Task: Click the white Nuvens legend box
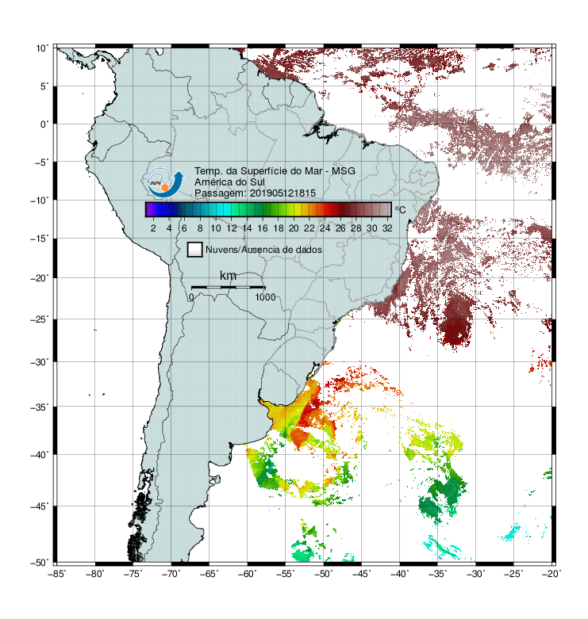195,250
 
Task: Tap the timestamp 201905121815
282,193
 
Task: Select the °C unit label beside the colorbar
400,209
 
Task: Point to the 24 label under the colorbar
325,228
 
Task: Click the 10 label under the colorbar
215,228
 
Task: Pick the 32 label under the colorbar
387,228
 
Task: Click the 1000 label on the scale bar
265,297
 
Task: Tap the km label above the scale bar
228,275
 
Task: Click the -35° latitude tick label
40,407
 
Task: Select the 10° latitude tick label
42,48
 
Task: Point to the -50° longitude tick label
324,574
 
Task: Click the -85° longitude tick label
57,574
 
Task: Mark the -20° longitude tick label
551,574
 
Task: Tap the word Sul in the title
257,182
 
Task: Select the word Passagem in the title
221,193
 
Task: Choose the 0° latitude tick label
44,124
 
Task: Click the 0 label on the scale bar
191,297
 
